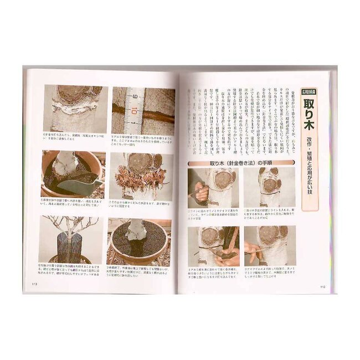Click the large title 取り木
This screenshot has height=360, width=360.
point(309,115)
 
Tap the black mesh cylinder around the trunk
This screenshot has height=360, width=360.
point(70,243)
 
